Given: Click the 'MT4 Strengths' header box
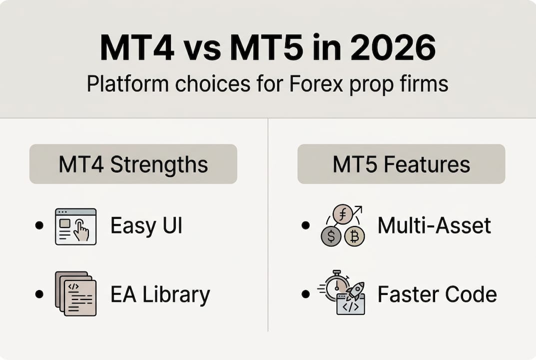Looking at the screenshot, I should pos(133,164).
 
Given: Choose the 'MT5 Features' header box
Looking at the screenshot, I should pos(401,164).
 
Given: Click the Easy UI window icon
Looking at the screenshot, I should pos(75,226).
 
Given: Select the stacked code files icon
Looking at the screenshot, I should pos(75,293).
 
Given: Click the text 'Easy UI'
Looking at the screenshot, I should pos(146,226).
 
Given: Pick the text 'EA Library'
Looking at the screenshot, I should pos(160,294).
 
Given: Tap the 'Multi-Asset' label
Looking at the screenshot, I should pos(434,226).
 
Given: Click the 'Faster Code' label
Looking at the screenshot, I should pos(437,294).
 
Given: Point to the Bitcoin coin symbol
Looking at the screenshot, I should pos(354,236).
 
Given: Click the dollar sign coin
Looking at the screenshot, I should pos(330,236).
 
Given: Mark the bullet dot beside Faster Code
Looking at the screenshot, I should pos(306,294).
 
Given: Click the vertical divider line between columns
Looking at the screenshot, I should pos(268,225).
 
